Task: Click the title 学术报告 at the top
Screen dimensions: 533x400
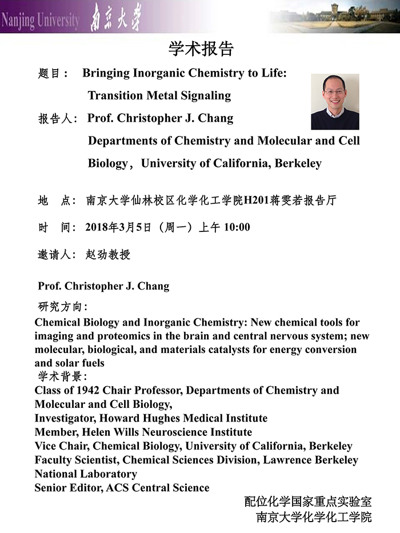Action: point(201,49)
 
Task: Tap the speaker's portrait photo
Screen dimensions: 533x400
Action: point(335,102)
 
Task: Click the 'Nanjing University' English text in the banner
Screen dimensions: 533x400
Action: point(39,21)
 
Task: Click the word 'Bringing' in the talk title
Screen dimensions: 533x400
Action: point(107,73)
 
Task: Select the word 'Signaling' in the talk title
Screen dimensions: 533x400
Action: point(203,95)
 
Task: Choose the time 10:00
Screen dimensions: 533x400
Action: point(237,227)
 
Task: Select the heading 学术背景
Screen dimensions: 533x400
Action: point(61,376)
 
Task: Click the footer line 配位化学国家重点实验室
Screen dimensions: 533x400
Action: point(308,502)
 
